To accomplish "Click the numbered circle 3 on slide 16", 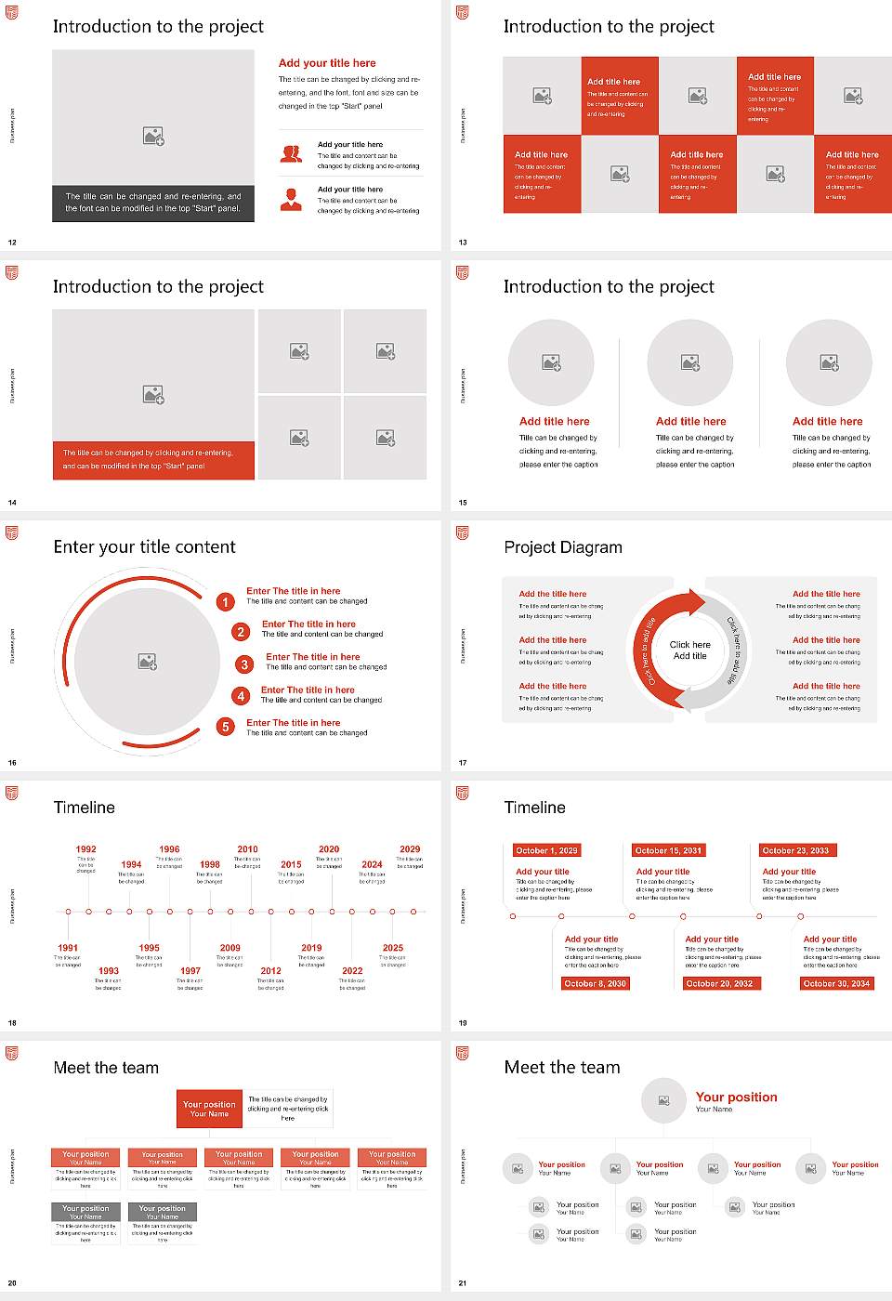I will pos(244,664).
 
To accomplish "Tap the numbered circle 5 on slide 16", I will pos(225,727).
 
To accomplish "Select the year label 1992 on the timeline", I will pos(85,849).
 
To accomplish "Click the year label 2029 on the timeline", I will pos(410,849).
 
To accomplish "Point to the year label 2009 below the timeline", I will pos(230,948).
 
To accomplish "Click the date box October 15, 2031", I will pos(667,850).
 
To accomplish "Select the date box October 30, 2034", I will pos(836,983).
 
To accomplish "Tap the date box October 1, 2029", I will pos(546,850).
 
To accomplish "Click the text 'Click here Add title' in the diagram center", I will pos(689,650).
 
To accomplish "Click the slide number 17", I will pos(463,763).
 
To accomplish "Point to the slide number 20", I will pos(12,1283).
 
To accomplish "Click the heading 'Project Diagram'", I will pos(563,547).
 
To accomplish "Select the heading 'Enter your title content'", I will pos(144,547).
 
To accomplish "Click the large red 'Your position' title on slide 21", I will pos(736,1097).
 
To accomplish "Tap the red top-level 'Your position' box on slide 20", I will pos(210,1109).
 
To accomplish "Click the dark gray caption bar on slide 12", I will pos(153,203).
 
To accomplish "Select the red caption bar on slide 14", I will pos(153,460).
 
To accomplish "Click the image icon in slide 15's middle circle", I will pos(690,362).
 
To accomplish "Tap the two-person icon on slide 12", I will pos(291,154).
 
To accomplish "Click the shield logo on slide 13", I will pos(463,12).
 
